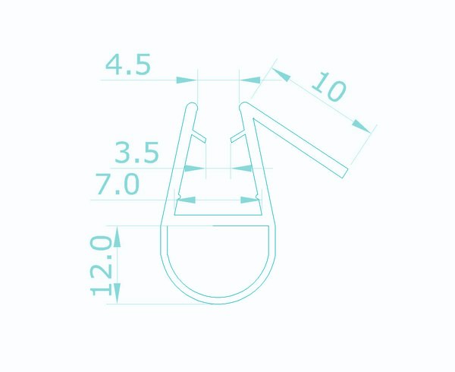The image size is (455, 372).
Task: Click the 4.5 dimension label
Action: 128,65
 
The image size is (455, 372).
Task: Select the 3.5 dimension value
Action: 136,152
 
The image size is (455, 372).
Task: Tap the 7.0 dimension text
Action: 118,184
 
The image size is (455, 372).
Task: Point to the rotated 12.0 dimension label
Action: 101,266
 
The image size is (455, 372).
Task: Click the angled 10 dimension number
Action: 329,87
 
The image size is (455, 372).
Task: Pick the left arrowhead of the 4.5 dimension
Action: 187,80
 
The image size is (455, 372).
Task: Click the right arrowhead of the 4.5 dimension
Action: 250,80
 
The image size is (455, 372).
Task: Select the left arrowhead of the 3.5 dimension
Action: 194,168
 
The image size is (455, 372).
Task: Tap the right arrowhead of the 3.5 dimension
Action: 242,168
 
